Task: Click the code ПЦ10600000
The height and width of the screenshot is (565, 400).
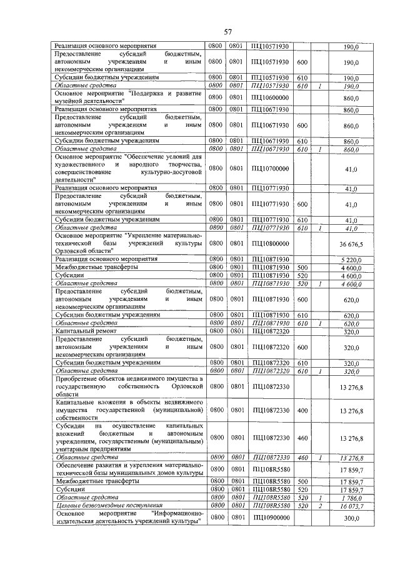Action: tap(269, 97)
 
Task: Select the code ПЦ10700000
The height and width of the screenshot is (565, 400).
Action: tap(269, 169)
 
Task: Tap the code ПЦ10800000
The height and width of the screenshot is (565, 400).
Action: tap(269, 243)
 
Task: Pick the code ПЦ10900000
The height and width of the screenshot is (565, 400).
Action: tap(269, 518)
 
